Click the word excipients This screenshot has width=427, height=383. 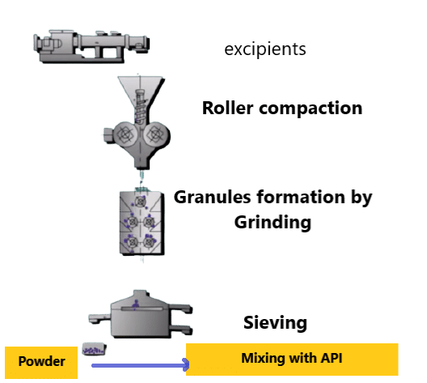[265, 49]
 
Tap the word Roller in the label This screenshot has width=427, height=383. [228, 108]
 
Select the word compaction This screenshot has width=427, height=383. [311, 109]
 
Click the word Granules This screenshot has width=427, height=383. [213, 197]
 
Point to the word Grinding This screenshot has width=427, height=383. [273, 223]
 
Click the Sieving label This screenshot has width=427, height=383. [275, 323]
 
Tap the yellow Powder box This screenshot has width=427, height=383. [41, 363]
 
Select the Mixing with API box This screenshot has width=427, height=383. [292, 360]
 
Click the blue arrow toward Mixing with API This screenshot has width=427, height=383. [140, 365]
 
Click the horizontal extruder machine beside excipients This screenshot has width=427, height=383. [91, 46]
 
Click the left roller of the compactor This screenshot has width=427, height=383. [125, 134]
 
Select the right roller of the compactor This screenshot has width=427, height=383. [156, 134]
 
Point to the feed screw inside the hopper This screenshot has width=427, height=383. [141, 107]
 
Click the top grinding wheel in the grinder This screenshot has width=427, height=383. [141, 202]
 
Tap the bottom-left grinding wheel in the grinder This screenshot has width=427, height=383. [133, 241]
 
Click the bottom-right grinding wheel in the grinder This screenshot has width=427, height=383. [149, 241]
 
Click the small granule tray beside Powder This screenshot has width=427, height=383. [95, 349]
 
